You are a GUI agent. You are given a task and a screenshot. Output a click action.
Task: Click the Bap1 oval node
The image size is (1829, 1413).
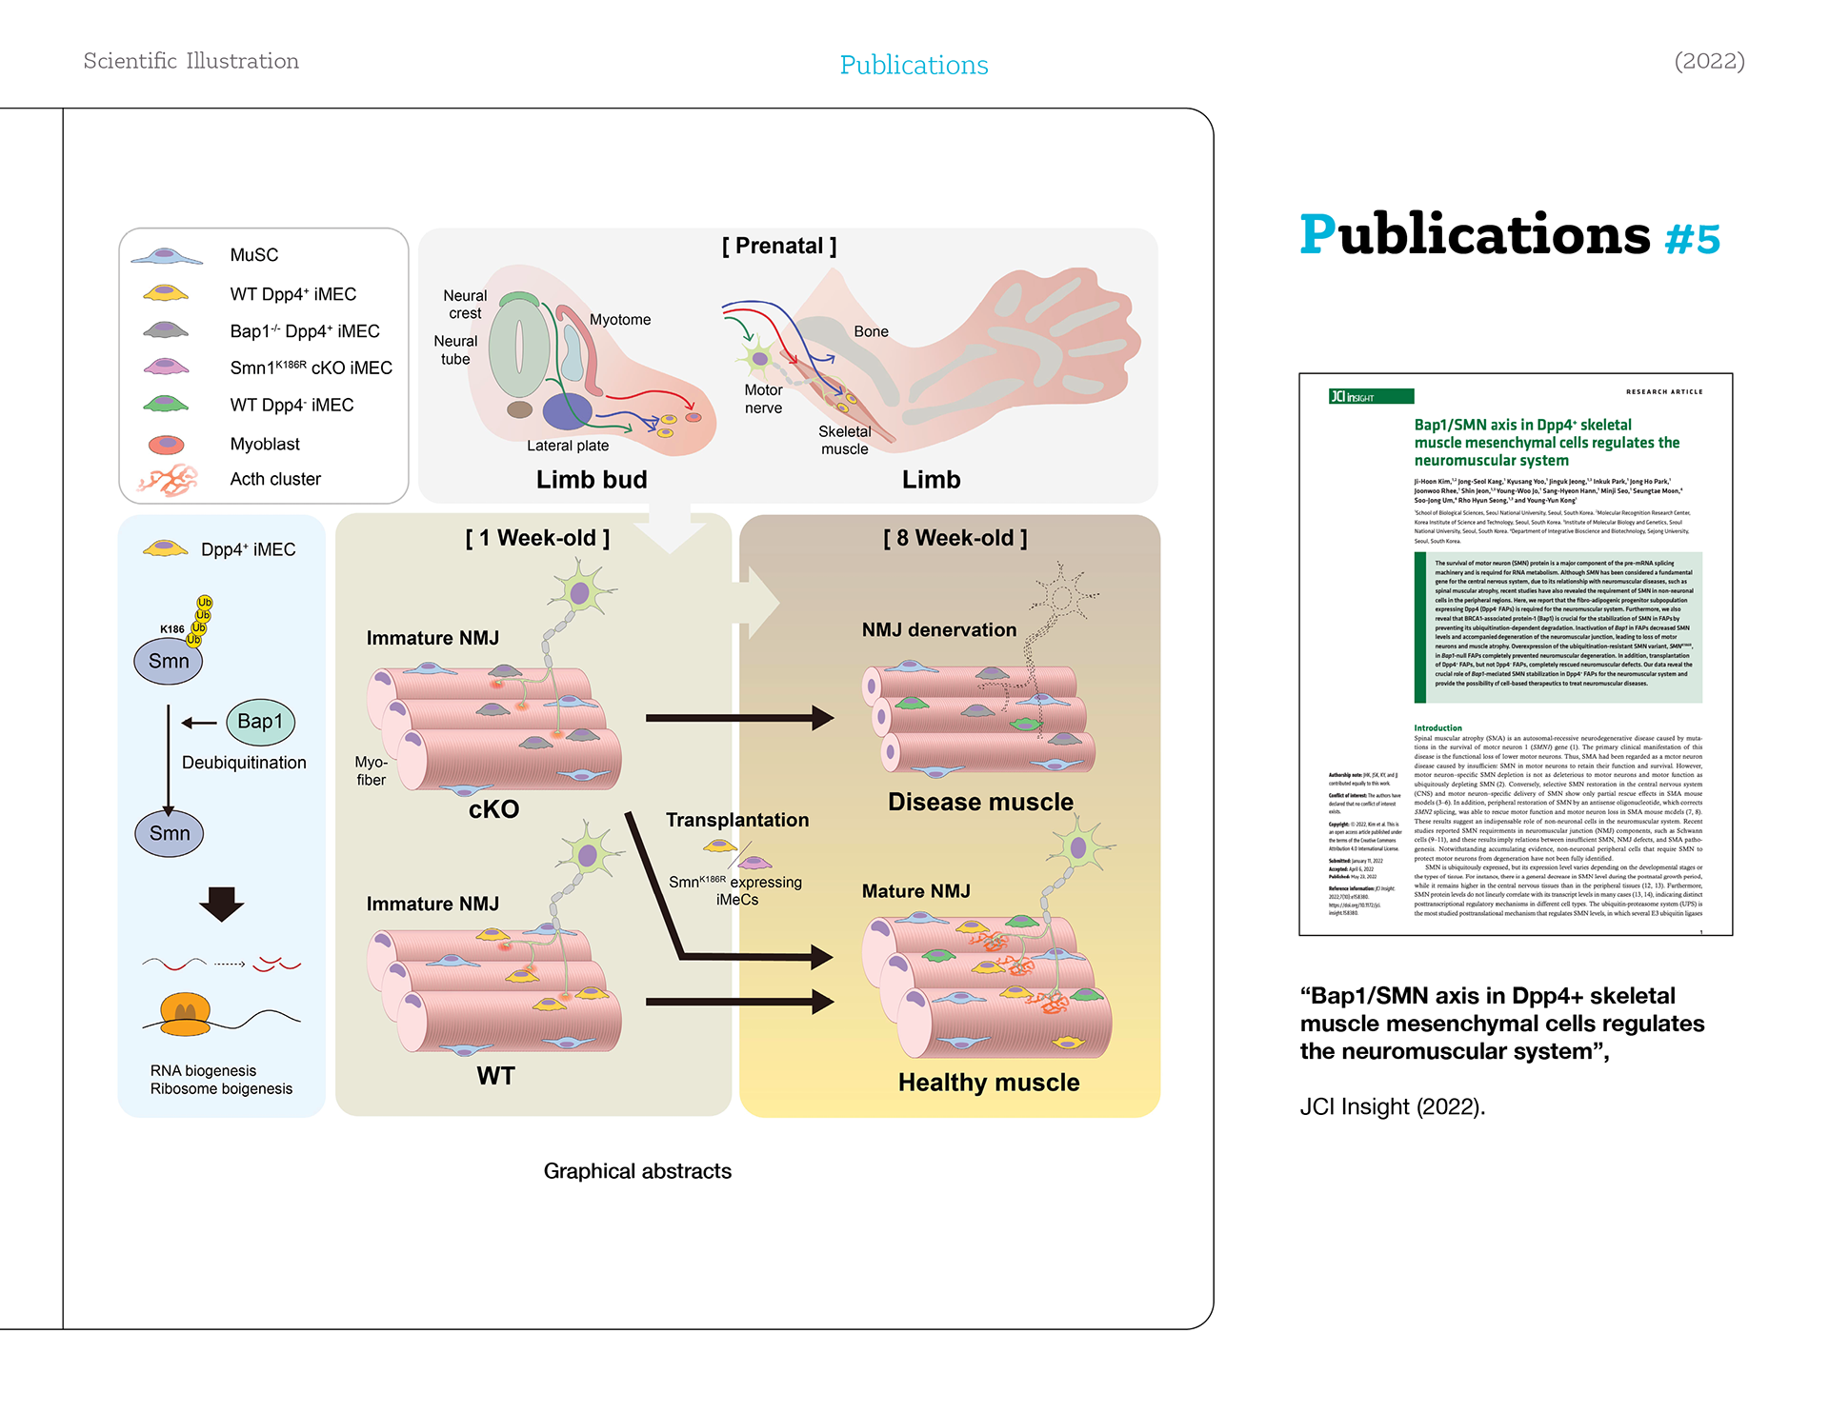point(260,722)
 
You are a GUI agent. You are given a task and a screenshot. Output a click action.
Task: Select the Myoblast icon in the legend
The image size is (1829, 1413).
point(166,445)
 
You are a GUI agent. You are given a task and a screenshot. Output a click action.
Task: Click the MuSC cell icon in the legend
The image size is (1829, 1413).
point(166,256)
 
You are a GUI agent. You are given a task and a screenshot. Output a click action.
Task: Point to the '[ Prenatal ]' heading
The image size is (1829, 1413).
point(778,247)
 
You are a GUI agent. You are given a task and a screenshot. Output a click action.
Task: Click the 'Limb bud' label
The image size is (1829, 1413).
point(591,480)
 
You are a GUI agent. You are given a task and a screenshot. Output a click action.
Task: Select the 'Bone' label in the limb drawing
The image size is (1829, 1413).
point(871,331)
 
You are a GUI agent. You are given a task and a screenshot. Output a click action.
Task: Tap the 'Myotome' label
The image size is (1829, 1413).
point(619,320)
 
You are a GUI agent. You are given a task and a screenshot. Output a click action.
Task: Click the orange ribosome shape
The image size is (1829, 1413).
point(186,1014)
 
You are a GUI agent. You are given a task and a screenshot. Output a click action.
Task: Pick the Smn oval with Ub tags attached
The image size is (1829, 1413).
point(169,661)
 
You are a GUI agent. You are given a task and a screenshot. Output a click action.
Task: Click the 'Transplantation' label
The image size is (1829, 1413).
point(736,820)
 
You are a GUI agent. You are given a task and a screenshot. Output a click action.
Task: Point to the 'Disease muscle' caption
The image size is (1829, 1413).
point(980,803)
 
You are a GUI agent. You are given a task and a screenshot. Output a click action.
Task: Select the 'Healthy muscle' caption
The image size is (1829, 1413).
point(988,1083)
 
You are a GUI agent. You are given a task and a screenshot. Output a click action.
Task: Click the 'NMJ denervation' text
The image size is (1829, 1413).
point(938,630)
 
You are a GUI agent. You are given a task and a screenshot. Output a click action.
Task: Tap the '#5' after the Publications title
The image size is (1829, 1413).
point(1692,239)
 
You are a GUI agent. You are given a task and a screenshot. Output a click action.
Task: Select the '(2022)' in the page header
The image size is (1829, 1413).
point(1709,62)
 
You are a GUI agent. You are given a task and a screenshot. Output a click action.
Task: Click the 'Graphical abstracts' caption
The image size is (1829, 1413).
point(637,1171)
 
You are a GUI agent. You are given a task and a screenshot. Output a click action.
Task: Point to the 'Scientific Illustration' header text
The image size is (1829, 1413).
point(191,62)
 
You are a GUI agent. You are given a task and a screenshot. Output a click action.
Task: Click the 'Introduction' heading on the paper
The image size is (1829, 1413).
point(1437,727)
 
